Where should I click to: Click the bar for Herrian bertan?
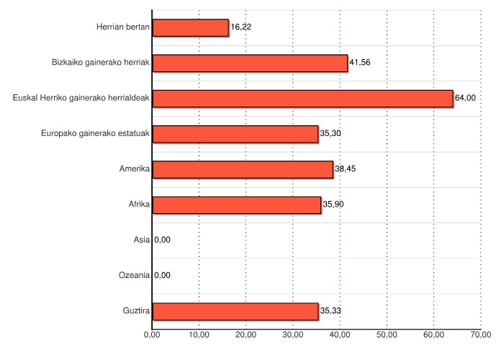[190, 27]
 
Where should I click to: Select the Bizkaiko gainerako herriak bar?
[250, 63]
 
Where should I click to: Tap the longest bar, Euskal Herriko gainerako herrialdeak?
[302, 98]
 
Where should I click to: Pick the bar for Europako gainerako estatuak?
[235, 133]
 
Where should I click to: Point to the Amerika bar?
[243, 169]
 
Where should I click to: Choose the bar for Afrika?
[237, 204]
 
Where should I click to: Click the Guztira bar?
[235, 311]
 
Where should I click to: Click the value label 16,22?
[241, 27]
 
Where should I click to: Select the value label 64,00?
[465, 98]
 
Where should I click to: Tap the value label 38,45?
[345, 169]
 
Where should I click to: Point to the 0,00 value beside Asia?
[163, 240]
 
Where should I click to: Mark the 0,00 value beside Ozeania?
[163, 275]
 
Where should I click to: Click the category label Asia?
[141, 240]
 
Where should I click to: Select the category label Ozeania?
[135, 275]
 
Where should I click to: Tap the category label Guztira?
[136, 311]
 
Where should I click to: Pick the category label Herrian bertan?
[122, 27]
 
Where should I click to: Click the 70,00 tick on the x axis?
[481, 335]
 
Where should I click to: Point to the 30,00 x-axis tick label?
[293, 335]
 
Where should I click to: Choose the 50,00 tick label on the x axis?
[387, 335]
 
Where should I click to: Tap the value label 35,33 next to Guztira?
[330, 311]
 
